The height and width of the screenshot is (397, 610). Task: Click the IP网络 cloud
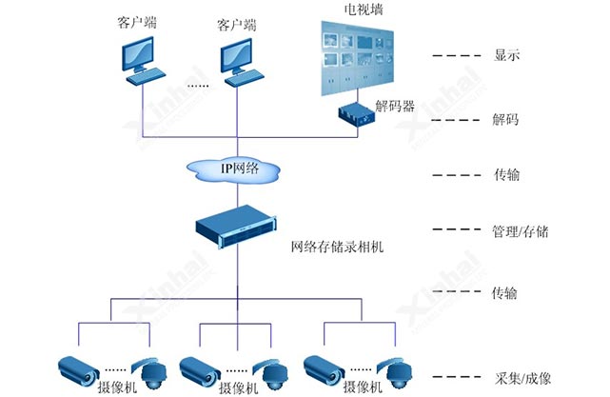point(237,169)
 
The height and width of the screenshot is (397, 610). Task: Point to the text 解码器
point(395,107)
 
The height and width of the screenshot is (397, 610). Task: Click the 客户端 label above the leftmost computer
point(137,21)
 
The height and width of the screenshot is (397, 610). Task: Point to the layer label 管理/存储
point(520,230)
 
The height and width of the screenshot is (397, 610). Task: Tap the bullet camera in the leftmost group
point(83,367)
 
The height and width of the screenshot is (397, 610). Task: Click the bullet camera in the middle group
point(204,367)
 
